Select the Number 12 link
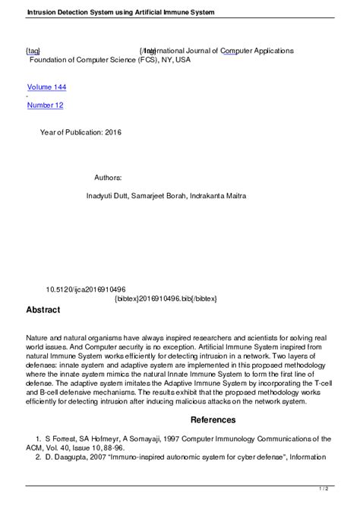(x=45, y=105)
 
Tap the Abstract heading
(x=43, y=310)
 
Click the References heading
(x=213, y=419)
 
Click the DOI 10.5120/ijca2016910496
(x=86, y=289)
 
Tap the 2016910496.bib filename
(x=165, y=299)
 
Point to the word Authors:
(x=108, y=177)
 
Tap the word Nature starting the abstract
(x=38, y=337)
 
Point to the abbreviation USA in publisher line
(x=183, y=59)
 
